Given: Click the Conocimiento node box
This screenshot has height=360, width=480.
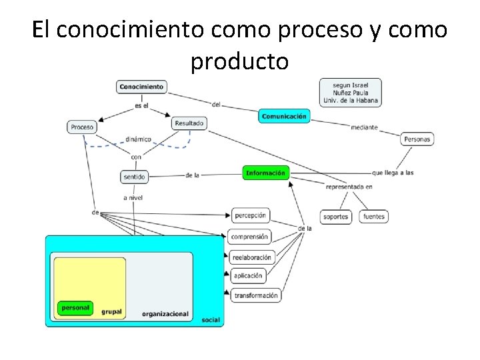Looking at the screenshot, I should click(x=141, y=87).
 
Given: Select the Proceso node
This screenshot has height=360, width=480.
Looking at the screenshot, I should click(x=82, y=127).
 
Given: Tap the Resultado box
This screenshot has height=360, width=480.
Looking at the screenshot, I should click(x=189, y=123).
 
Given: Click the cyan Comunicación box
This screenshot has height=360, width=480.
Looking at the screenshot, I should click(x=284, y=116).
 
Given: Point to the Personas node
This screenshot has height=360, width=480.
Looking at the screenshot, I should click(x=417, y=139).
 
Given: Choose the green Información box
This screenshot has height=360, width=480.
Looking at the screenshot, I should click(x=265, y=173).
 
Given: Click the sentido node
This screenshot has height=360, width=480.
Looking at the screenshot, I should click(x=133, y=177).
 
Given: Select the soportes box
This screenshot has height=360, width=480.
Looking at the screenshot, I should click(x=335, y=217).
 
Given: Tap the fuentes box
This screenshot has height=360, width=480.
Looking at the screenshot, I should click(x=374, y=217).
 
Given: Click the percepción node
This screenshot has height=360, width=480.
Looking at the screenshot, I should click(x=250, y=215).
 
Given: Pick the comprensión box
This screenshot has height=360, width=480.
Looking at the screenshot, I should click(x=249, y=236).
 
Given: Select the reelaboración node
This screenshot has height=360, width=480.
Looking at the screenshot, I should click(x=251, y=257).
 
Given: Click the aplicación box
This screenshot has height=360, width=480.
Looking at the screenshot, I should click(x=248, y=275).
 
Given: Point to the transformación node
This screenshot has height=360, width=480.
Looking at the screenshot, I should click(x=255, y=295).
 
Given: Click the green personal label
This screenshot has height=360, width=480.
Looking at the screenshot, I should click(x=75, y=308).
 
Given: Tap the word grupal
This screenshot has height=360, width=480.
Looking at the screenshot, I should click(x=111, y=311).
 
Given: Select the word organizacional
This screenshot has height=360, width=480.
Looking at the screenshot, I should click(x=165, y=314).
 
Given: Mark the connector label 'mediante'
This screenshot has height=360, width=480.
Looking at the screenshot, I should click(x=364, y=127).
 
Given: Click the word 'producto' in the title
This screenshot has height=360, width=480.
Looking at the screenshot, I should click(x=239, y=61).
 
